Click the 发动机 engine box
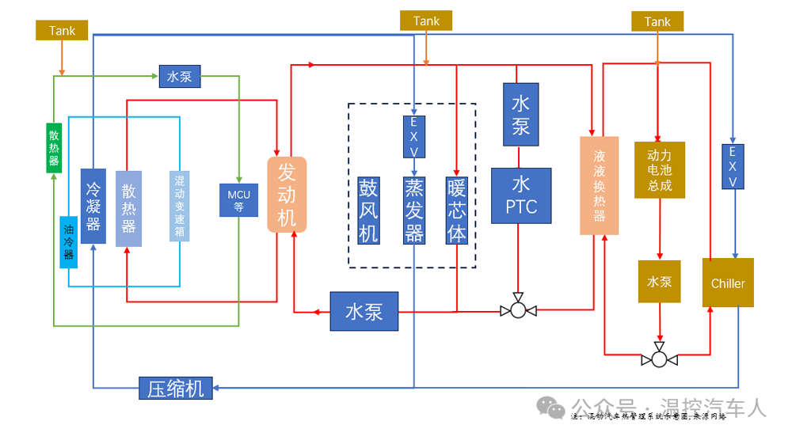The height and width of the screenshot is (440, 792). (287, 195)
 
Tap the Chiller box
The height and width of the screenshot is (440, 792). (728, 283)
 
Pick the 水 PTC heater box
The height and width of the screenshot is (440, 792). (520, 195)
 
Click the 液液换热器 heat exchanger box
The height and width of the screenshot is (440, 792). (599, 186)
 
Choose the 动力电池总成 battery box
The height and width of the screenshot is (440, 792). (659, 170)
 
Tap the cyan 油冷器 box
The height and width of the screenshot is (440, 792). (69, 241)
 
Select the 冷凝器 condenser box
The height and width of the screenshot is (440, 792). (93, 206)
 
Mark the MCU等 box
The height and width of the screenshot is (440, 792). (238, 199)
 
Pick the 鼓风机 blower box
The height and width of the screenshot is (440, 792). (368, 209)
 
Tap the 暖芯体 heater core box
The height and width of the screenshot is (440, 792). (457, 209)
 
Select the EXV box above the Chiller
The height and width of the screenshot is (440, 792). (733, 167)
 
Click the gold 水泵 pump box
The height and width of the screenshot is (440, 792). (659, 281)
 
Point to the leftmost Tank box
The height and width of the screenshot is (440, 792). (62, 31)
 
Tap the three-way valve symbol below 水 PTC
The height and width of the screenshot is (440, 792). (518, 309)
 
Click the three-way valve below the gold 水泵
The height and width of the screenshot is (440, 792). (659, 359)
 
